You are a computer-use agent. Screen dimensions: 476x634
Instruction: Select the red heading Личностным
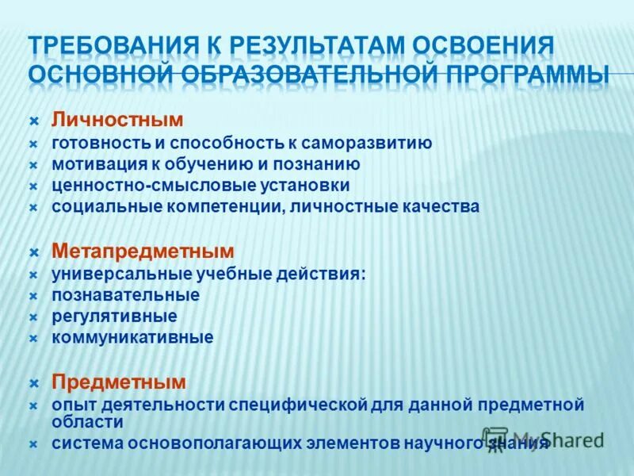[117, 120]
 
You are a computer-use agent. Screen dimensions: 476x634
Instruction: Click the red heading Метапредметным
[143, 251]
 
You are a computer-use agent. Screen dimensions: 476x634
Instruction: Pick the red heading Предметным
[119, 382]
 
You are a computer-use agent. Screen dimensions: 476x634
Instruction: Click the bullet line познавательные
[125, 295]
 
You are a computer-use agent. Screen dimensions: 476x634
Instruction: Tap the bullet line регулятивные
[114, 316]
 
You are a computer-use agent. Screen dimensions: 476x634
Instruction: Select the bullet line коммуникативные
[132, 337]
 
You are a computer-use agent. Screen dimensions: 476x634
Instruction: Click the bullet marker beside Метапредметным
[34, 252]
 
